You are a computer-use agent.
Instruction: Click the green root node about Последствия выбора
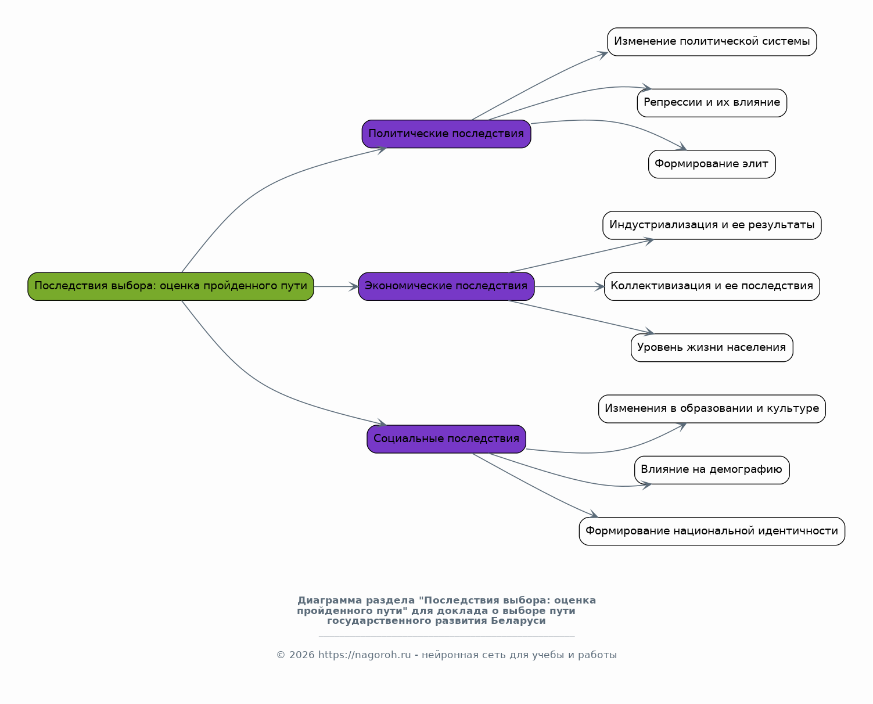click(x=171, y=286)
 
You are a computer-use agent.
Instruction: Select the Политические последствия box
click(x=446, y=134)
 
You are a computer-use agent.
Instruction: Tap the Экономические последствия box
click(x=446, y=286)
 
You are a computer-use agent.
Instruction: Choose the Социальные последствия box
click(x=446, y=439)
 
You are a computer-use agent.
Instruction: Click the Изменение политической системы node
click(x=712, y=42)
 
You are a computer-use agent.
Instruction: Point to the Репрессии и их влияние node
click(x=712, y=103)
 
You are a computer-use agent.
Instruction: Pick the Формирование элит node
click(x=712, y=164)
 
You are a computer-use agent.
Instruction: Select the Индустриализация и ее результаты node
click(x=712, y=225)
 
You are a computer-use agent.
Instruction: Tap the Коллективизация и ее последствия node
click(x=712, y=286)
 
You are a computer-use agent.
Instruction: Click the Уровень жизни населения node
click(x=712, y=348)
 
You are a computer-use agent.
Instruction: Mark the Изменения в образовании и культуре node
click(x=712, y=409)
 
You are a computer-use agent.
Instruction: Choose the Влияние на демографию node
click(x=712, y=470)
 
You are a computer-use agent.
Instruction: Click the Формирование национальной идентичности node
click(x=712, y=531)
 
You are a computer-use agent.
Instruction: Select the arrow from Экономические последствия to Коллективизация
click(x=569, y=286)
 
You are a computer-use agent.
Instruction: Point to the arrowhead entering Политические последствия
click(x=382, y=149)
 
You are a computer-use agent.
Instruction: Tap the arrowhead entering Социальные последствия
click(x=382, y=423)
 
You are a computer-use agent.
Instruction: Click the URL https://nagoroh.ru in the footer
click(x=364, y=655)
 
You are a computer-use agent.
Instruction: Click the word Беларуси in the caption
click(x=518, y=621)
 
